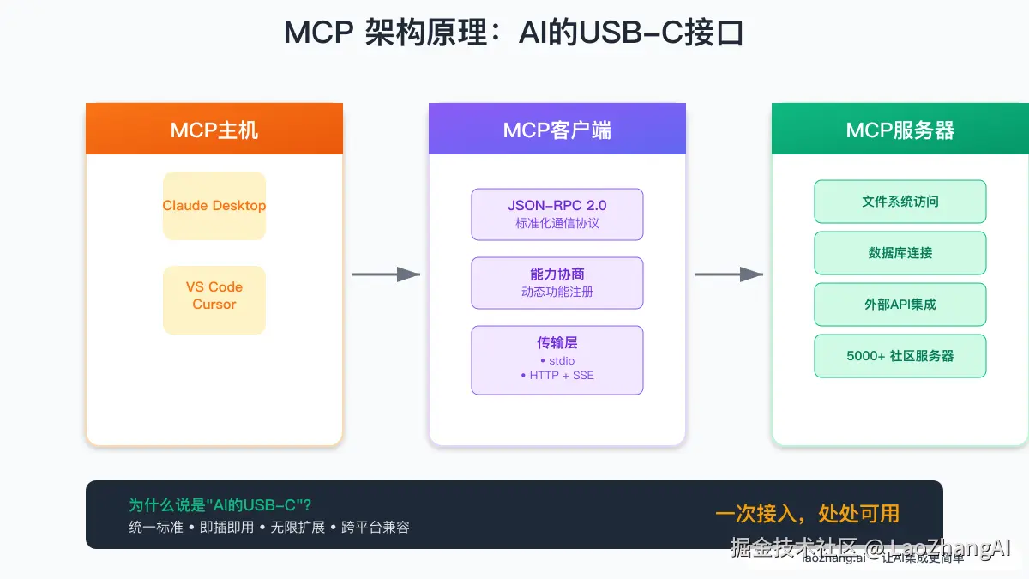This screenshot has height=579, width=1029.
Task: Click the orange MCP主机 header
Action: coord(214,130)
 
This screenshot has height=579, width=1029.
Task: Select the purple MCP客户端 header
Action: coord(557,130)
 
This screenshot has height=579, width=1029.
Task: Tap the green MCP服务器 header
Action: coord(900,130)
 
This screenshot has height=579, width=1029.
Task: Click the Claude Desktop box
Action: coord(214,206)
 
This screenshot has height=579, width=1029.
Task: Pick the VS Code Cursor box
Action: coord(214,299)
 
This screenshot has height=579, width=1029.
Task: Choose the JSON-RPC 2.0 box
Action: coord(557,214)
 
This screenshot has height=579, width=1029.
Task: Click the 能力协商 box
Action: coord(557,282)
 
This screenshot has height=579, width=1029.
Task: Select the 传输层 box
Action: coord(557,359)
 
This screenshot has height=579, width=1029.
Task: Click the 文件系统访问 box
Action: coord(900,202)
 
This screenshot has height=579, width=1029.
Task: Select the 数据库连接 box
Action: coord(900,253)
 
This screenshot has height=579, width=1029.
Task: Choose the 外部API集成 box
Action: coord(900,305)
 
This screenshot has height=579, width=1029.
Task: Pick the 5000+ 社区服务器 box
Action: coord(900,356)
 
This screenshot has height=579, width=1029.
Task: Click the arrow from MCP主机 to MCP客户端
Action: coord(386,274)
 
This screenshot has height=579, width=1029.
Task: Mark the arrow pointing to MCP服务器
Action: coord(729,274)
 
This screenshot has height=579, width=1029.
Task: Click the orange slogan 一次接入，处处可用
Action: coord(807,513)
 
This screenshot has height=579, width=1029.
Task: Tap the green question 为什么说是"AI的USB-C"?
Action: coord(220,505)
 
